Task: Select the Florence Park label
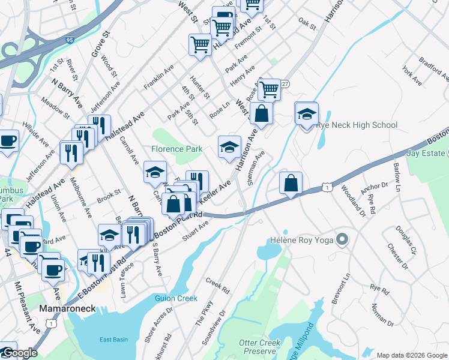[176, 148]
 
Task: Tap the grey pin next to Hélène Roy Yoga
[342, 239]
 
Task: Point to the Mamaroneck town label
[64, 308]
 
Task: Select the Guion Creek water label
[176, 298]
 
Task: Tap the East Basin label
[113, 340]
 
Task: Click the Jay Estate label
[428, 153]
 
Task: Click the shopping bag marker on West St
[262, 113]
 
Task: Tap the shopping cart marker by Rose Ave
[269, 89]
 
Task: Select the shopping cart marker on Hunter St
[200, 44]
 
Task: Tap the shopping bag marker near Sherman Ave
[291, 182]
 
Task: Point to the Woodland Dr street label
[348, 200]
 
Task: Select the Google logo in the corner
[19, 353]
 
